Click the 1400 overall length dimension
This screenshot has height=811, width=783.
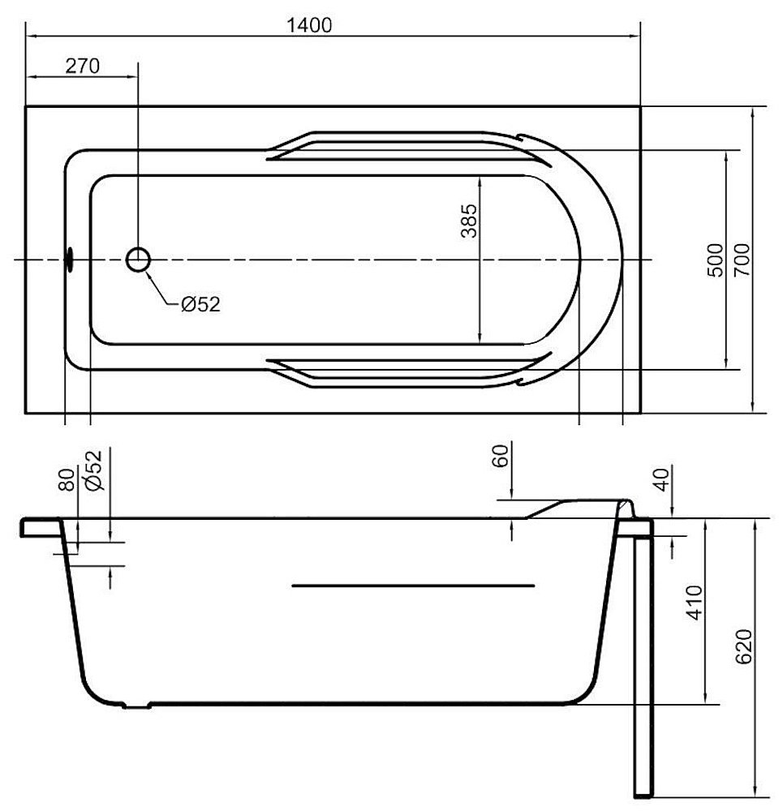coord(310,24)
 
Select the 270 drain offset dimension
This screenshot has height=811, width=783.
coord(82,67)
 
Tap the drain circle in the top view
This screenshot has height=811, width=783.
coord(139,260)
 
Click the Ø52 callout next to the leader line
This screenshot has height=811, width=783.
coord(200,304)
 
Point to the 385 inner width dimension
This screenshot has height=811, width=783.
coord(468,221)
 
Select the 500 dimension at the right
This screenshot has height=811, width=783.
coord(715,260)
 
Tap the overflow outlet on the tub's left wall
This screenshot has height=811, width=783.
coord(69,260)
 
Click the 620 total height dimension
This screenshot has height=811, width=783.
coord(742,646)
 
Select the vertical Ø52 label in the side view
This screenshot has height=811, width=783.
coord(94,470)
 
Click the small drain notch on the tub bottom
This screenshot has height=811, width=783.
coord(136,706)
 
